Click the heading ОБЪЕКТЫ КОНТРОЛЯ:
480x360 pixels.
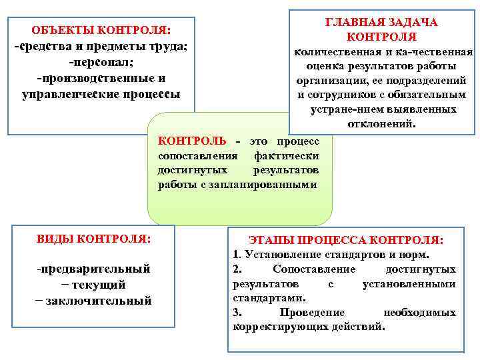[x=101, y=31]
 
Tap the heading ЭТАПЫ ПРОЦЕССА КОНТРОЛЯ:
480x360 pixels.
[x=345, y=239]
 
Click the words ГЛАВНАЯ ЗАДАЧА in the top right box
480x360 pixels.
[x=381, y=22]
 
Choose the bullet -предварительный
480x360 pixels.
[x=94, y=269]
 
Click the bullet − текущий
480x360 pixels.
[x=93, y=285]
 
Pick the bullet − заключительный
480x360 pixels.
[x=94, y=301]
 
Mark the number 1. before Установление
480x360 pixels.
[x=237, y=255]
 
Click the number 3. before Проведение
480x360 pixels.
[x=237, y=312]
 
